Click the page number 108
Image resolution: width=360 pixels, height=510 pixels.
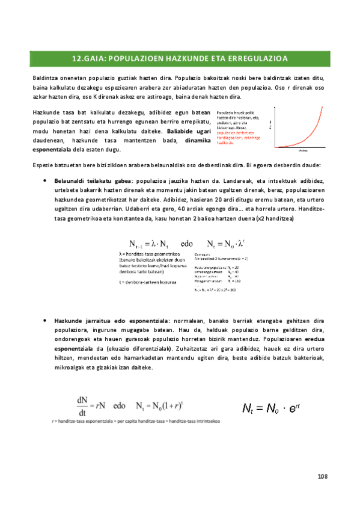pos(322,476)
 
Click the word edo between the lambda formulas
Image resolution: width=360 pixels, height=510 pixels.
pos(186,244)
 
